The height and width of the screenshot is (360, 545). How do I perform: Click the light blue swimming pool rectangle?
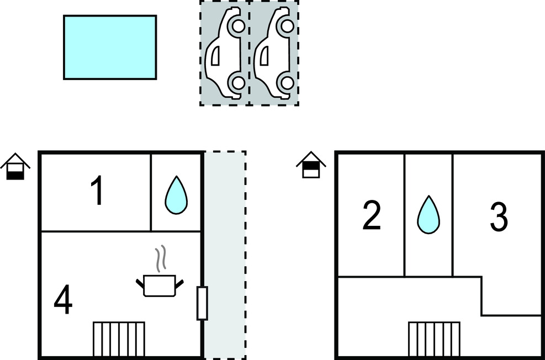click(x=110, y=47)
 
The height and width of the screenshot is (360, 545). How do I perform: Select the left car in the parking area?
click(x=224, y=54)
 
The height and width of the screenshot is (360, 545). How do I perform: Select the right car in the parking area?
click(x=274, y=54)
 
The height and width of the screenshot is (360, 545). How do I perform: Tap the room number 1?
click(x=97, y=192)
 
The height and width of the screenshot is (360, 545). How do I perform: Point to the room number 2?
click(x=372, y=216)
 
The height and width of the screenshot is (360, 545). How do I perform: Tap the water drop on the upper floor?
click(x=428, y=214)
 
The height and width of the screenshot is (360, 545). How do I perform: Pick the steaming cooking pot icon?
click(x=160, y=285)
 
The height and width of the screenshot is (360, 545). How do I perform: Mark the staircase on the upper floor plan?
click(x=434, y=340)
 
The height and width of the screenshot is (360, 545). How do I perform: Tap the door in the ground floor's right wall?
click(x=202, y=303)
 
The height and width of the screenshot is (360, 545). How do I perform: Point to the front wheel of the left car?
click(x=238, y=26)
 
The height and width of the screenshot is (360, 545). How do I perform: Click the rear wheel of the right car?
click(x=287, y=83)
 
